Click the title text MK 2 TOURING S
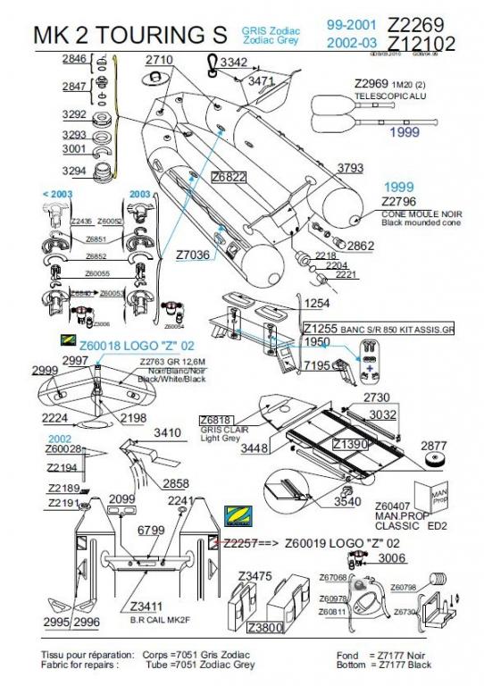tap(130, 36)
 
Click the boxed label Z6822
tap(228, 178)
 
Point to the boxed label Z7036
tap(192, 255)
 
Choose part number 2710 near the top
tap(159, 60)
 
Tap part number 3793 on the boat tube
tap(350, 168)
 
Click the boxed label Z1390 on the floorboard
tap(349, 444)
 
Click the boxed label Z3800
tap(265, 627)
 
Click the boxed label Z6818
tap(217, 419)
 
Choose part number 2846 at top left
tap(74, 59)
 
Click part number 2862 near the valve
tap(360, 246)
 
